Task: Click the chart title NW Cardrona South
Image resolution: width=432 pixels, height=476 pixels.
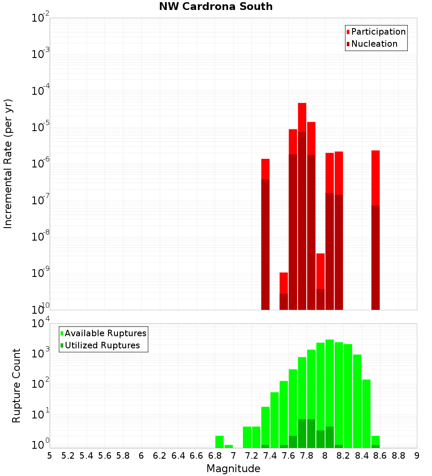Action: click(x=216, y=6)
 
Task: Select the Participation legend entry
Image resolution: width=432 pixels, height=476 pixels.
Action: click(x=378, y=32)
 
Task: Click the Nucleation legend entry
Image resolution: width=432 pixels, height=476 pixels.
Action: click(x=374, y=44)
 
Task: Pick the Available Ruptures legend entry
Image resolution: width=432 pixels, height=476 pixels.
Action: click(x=105, y=333)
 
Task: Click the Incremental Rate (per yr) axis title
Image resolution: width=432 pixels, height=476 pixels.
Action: click(x=8, y=164)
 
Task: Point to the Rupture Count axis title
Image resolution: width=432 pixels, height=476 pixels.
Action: click(x=16, y=386)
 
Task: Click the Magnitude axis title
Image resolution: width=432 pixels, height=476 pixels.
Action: click(x=233, y=469)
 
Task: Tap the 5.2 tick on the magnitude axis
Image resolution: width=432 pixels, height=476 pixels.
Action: click(x=68, y=455)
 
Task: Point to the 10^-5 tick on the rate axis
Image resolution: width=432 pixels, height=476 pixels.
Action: click(x=40, y=127)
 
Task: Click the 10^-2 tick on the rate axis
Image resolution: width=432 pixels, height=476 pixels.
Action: click(x=40, y=18)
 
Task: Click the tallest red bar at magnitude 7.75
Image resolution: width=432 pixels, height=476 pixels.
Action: click(x=302, y=173)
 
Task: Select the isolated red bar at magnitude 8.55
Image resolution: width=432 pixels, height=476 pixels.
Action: click(x=375, y=216)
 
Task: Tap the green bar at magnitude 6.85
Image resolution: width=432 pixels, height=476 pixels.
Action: click(x=219, y=441)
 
